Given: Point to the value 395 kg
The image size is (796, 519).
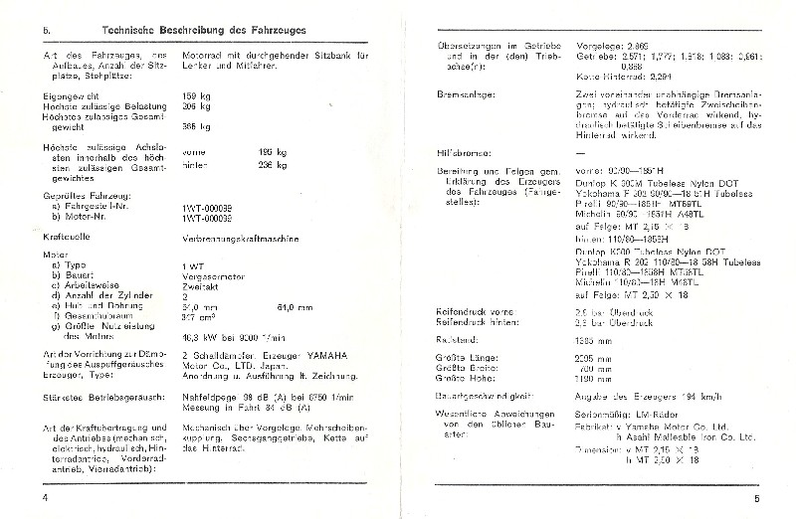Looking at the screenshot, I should click(197, 126).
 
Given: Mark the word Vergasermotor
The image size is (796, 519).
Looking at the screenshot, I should click(215, 270).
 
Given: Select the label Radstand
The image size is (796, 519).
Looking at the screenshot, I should click(459, 340).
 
